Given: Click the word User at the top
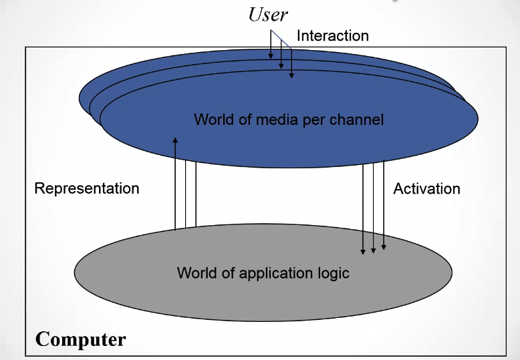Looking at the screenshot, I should coord(268,15).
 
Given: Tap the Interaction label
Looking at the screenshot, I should coord(332,35).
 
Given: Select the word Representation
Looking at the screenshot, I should coord(87,188).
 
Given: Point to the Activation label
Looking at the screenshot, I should coord(426,188).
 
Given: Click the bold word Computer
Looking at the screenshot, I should coord(80,339).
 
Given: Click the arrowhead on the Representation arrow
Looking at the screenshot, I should coord(175,140).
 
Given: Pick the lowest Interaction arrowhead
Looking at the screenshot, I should coord(291,75).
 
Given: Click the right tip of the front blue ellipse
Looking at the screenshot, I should coord(478,120).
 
